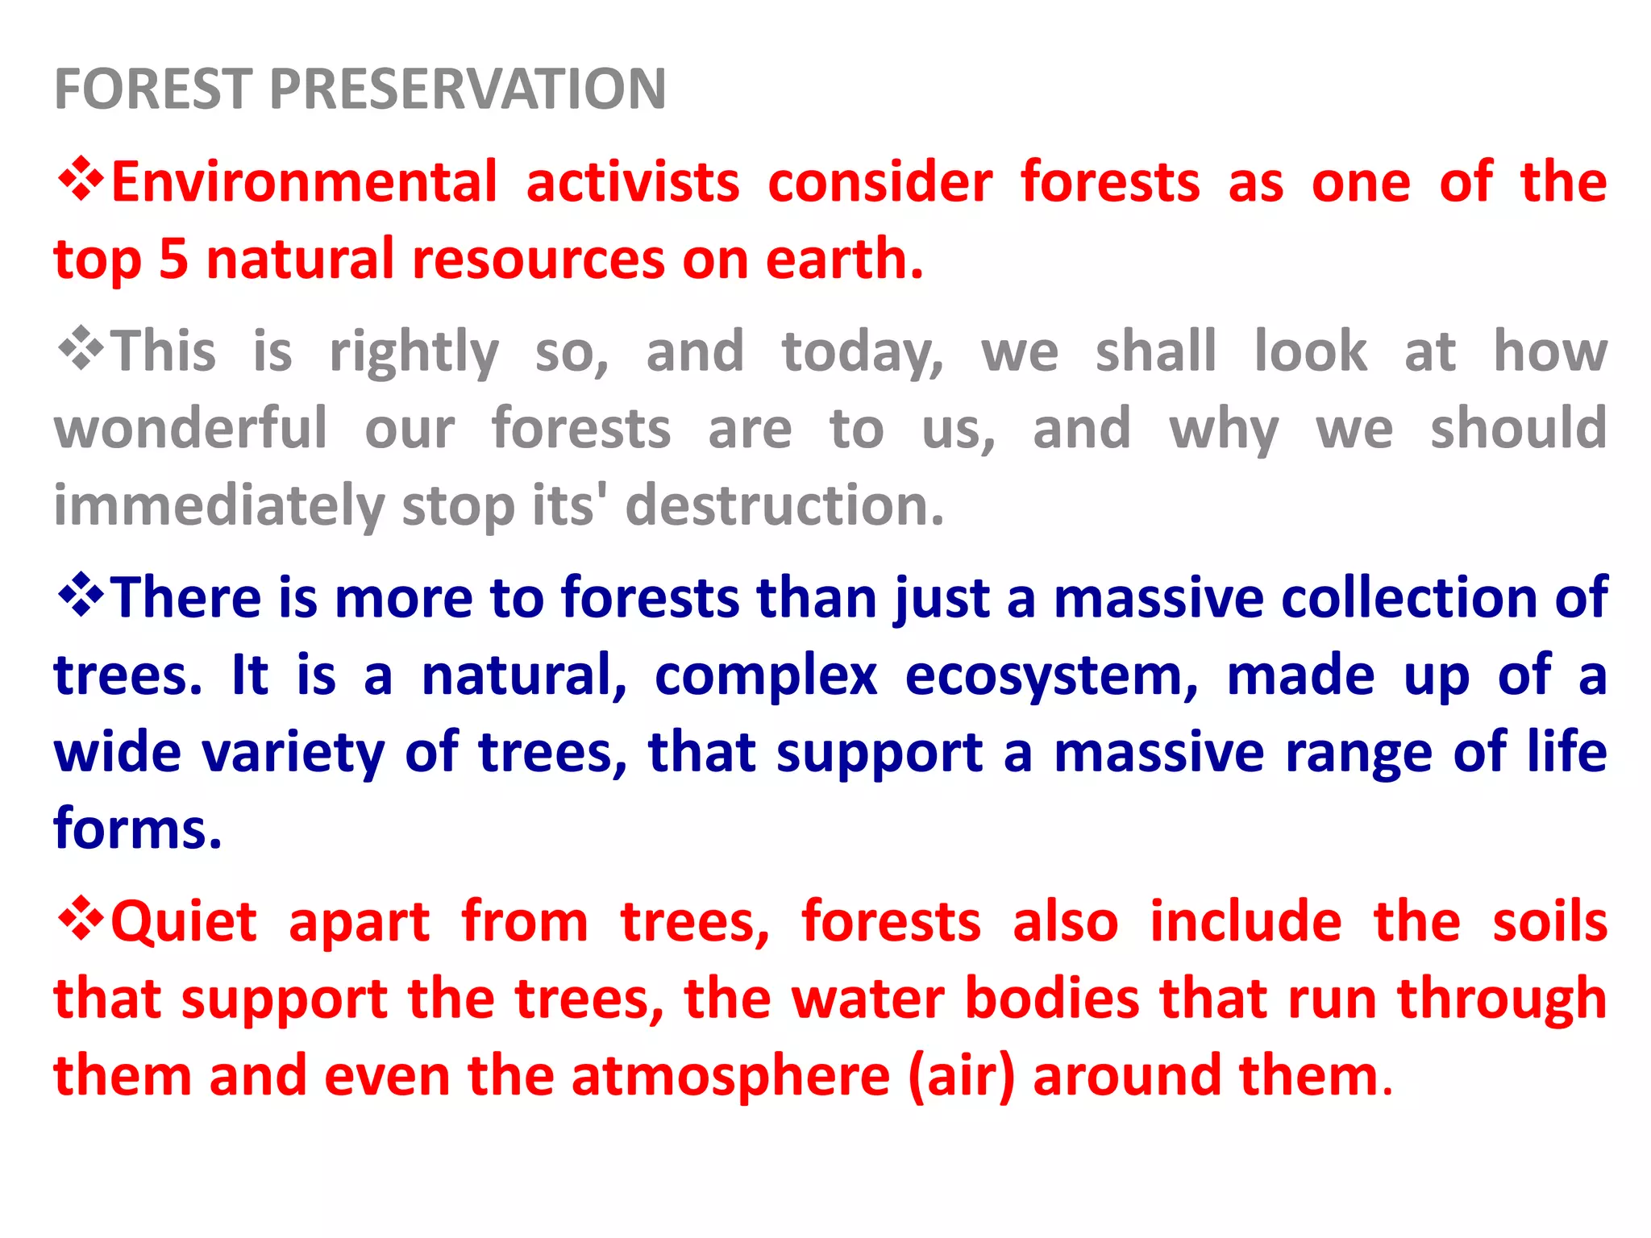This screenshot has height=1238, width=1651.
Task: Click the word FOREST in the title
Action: [153, 89]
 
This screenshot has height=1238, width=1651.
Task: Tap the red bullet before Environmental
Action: [81, 179]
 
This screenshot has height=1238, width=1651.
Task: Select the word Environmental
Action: [304, 182]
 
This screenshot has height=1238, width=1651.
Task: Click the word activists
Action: [633, 182]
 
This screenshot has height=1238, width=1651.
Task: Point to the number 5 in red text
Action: [173, 260]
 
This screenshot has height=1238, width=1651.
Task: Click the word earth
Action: [843, 260]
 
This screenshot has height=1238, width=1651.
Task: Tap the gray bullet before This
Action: [81, 348]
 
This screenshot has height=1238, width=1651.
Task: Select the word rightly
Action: [414, 353]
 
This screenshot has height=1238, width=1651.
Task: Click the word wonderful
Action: [191, 429]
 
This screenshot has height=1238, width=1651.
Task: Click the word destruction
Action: [784, 506]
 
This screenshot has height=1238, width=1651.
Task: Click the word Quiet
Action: [184, 922]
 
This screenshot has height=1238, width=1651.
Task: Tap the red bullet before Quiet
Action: [81, 919]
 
